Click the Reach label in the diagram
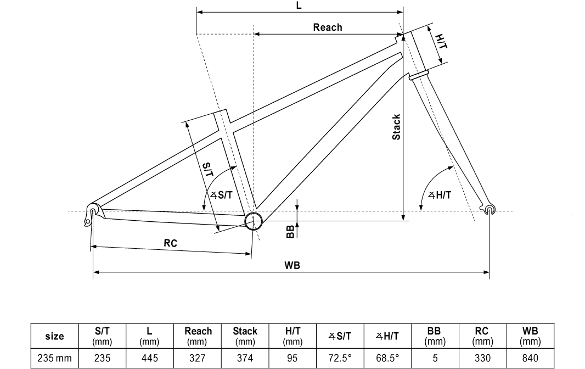(327, 27)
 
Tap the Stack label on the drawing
(396, 127)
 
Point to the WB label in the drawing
(292, 265)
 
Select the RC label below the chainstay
(170, 243)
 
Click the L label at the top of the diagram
(299, 5)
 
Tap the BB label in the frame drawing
(290, 231)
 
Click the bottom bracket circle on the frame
(254, 221)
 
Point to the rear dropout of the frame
(91, 214)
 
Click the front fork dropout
(490, 209)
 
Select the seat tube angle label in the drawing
(222, 194)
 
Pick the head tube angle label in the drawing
(440, 194)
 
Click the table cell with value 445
(150, 358)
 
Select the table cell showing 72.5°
(340, 358)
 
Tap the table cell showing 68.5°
(387, 358)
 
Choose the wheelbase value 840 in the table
(530, 358)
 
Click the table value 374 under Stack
(245, 358)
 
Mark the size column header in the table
(54, 336)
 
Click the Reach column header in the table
(198, 336)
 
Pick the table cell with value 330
(482, 358)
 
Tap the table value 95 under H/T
(292, 358)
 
